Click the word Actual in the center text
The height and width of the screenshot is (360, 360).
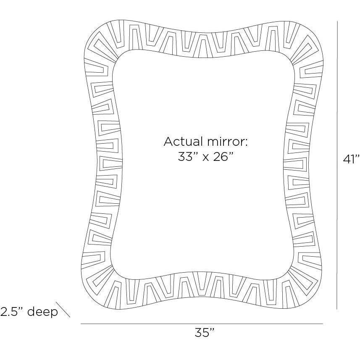tap(181, 142)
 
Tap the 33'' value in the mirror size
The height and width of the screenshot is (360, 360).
tap(186, 157)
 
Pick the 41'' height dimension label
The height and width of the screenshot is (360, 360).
tap(351, 159)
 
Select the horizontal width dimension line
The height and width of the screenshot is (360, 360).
tap(202, 324)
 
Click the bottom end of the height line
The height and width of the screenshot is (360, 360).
tap(337, 309)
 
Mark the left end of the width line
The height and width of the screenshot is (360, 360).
tap(81, 324)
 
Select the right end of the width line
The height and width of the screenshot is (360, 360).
tap(323, 324)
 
